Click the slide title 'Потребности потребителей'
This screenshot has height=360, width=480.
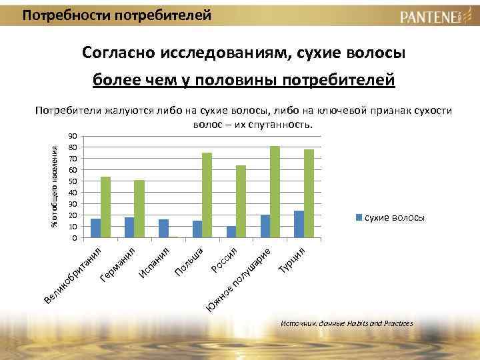pyautogui.click(x=117, y=14)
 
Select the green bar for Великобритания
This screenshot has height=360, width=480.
pyautogui.click(x=105, y=207)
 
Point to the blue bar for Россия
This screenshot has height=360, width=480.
pyautogui.click(x=231, y=231)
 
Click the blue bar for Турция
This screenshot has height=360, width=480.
pyautogui.click(x=299, y=223)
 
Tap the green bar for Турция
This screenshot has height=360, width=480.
pyautogui.click(x=309, y=193)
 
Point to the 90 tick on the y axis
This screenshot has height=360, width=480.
pyautogui.click(x=73, y=136)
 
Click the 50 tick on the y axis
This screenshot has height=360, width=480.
pyautogui.click(x=73, y=181)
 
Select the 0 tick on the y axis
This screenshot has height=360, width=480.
pyautogui.click(x=75, y=238)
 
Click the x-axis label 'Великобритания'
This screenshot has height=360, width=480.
pyautogui.click(x=73, y=273)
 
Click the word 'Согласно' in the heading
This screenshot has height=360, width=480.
pyautogui.click(x=118, y=53)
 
